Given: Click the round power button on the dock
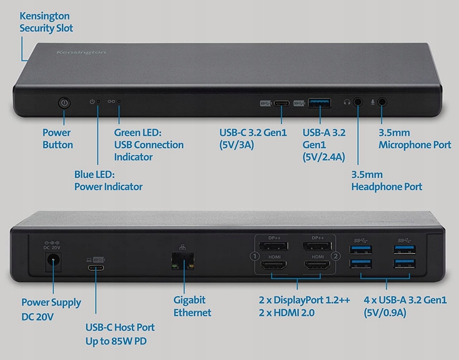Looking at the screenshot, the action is coord(64,103).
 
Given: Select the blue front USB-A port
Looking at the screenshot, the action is coord(319,102).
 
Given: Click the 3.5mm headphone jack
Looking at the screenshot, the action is coord(359,102).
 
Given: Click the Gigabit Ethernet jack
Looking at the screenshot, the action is coord(183,261).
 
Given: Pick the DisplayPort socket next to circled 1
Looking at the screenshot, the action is coord(276,245).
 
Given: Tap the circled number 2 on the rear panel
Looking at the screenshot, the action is coord(336,256).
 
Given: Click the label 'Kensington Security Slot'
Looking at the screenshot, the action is coord(46,22).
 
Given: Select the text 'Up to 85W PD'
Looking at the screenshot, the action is coord(119,341).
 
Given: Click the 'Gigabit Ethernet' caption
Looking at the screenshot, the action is coord(192,306).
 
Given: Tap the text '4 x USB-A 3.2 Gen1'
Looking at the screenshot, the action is coord(405,300).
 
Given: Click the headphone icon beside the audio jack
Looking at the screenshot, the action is coord(347,102).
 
